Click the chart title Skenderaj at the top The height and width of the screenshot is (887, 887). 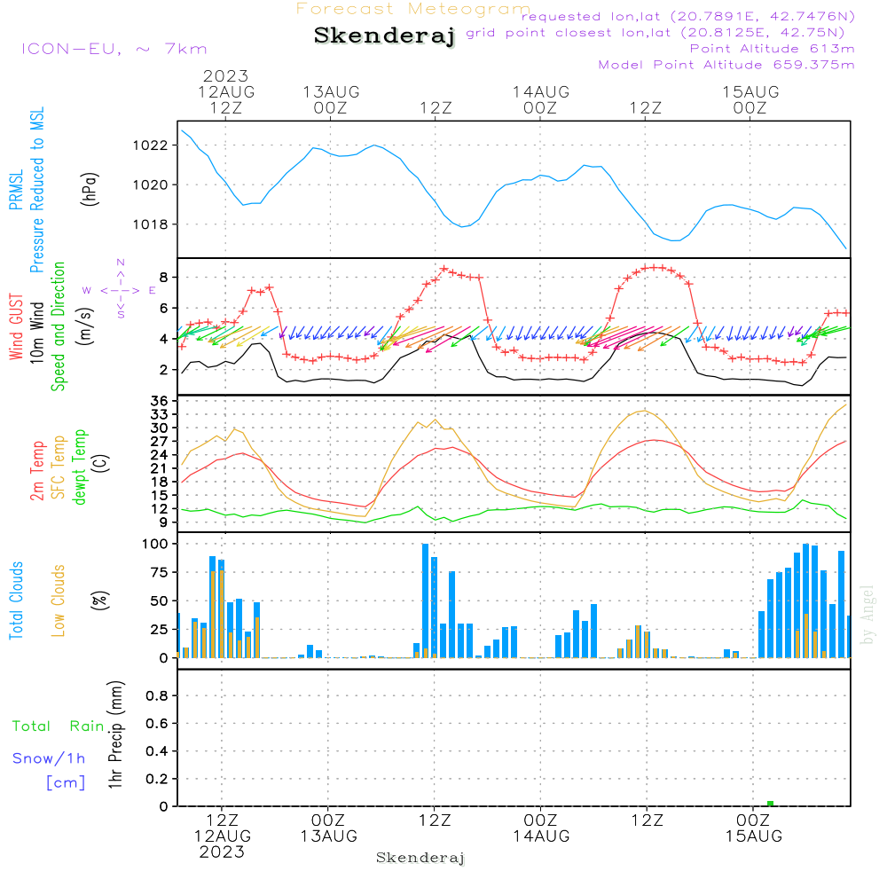(384, 36)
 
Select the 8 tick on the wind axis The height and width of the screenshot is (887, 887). (164, 278)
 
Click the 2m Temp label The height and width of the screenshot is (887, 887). (37, 470)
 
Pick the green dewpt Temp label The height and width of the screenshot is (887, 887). (80, 467)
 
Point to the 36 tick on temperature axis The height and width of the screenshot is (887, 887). (160, 402)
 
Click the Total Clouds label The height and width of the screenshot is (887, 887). (15, 600)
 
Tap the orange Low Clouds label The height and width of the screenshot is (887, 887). (59, 600)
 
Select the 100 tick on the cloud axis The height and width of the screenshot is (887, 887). (155, 544)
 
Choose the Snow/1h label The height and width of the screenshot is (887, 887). (49, 758)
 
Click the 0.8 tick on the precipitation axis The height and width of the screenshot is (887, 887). (157, 696)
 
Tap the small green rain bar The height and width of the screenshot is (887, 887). (770, 803)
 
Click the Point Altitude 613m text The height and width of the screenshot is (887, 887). (772, 49)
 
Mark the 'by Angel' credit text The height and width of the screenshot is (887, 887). (867, 615)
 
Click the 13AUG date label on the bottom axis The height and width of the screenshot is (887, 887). (328, 836)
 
